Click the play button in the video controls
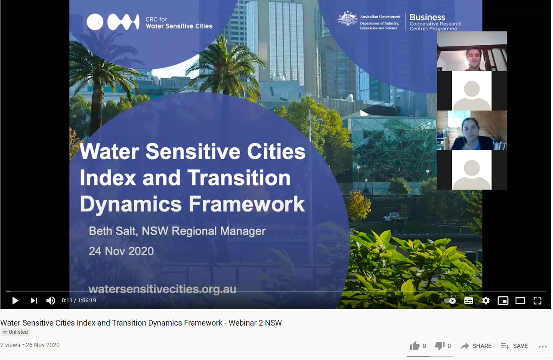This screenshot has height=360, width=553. pos(15,301)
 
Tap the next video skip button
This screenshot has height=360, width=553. pos(34,301)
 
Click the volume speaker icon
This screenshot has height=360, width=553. pos(51,301)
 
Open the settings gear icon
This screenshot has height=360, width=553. pos(485,301)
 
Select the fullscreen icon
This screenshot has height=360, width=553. pos(538,301)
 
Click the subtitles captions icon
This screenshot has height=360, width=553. pos(469,301)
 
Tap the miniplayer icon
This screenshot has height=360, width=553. pos(503,301)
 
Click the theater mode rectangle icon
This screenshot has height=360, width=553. pos(520,301)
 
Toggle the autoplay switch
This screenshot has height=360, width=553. pos(450,301)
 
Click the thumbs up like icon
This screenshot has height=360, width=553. pos(415,346)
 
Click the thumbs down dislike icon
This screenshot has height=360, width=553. pos(440,346)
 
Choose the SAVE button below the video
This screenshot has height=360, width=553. pos(514,346)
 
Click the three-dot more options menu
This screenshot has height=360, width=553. pos(542,346)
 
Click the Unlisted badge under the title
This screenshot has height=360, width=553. pos(15,332)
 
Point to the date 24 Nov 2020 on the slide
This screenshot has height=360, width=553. pos(121,251)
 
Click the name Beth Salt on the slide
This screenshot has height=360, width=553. pos(113,231)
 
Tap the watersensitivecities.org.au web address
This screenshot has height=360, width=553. pos(162,289)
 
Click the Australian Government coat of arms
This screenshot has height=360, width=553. pos(348,19)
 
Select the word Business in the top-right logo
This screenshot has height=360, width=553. pos(427,17)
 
